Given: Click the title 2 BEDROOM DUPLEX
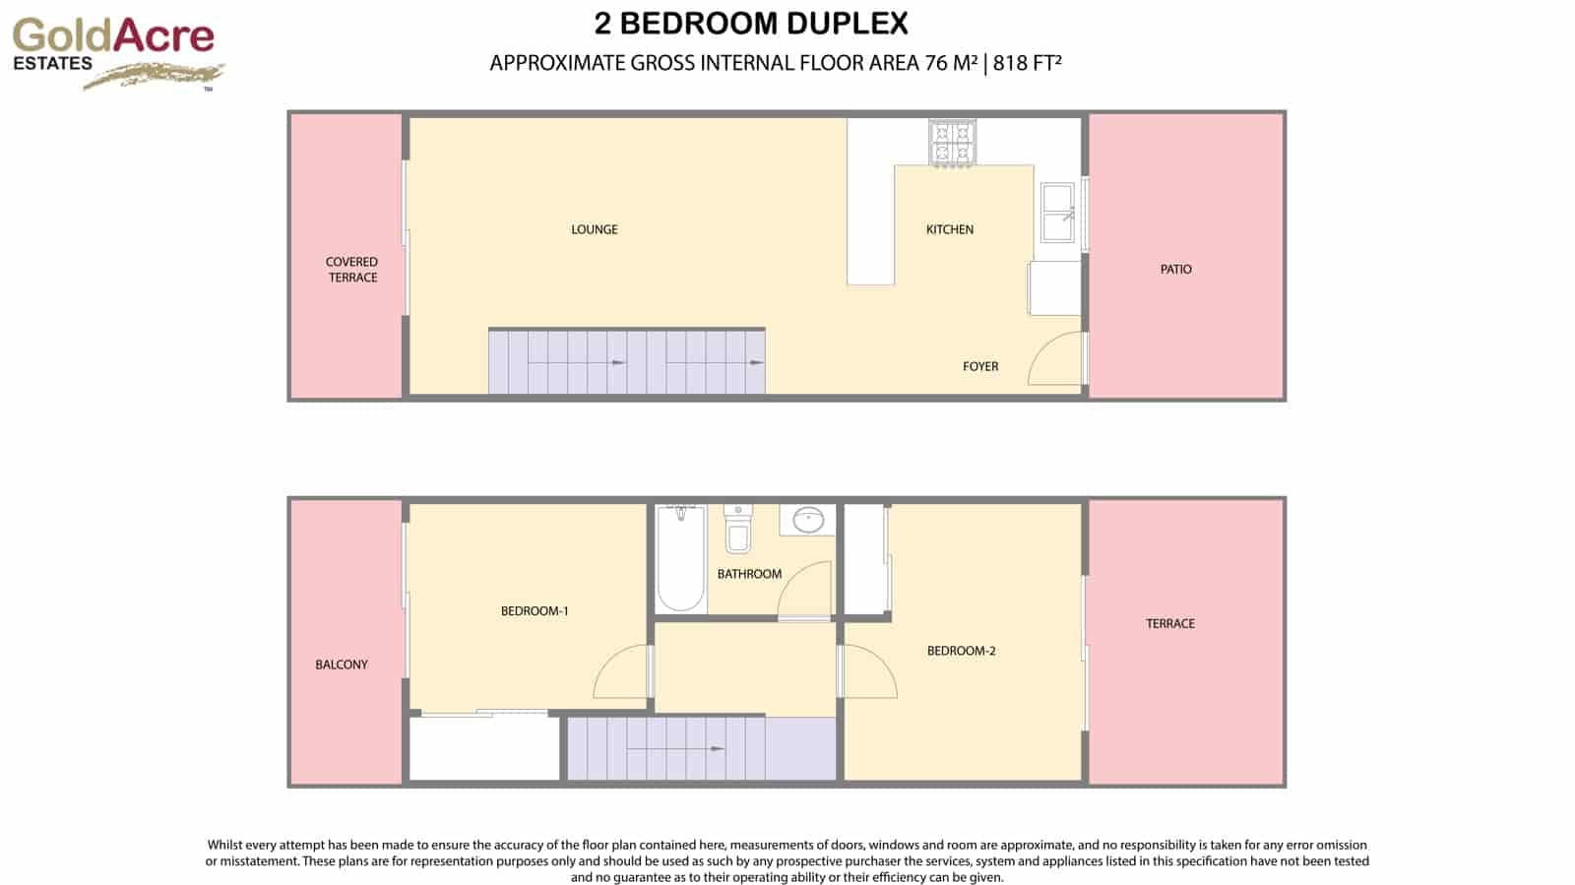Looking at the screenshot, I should tap(751, 23).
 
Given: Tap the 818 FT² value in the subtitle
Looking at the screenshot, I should tap(1027, 63).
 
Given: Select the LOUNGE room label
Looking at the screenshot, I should tap(595, 229).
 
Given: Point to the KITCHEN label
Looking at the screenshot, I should tap(949, 229).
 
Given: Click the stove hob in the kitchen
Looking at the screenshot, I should tap(952, 142).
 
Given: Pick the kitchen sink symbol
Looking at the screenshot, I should tap(1058, 212).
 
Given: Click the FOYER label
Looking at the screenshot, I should tap(979, 366).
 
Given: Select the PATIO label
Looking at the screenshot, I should tap(1175, 269).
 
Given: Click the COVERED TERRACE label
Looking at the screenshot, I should tap(352, 270).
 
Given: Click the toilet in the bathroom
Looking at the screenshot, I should tap(737, 530).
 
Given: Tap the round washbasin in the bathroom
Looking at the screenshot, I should tap(808, 520).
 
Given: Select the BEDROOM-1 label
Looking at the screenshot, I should tap(535, 611).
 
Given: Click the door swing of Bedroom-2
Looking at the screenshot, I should tap(868, 671).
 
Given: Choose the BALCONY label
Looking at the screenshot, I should tap(342, 664).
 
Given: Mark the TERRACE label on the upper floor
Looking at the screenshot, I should tap(1169, 623).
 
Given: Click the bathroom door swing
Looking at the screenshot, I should tap(806, 591).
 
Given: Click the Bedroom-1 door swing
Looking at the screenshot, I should tap(622, 672).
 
